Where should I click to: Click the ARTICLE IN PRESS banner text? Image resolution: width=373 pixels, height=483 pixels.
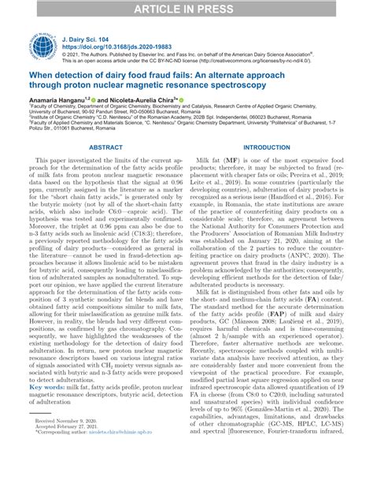186,9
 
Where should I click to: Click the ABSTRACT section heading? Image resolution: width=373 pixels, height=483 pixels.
105,147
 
